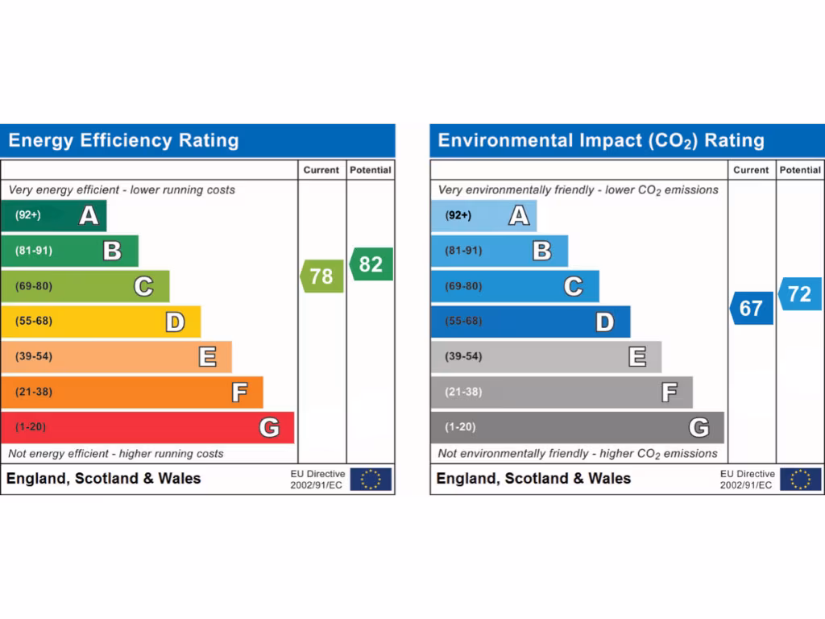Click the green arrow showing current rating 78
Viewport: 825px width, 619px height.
[322, 276]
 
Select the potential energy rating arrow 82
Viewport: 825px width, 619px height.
[371, 264]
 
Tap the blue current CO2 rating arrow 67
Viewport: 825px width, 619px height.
[752, 309]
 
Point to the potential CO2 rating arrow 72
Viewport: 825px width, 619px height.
[800, 294]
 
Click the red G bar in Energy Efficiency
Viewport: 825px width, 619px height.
[147, 427]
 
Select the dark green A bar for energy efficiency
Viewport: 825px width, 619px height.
[54, 215]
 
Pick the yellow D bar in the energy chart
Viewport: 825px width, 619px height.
[101, 322]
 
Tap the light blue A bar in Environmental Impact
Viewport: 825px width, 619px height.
[483, 215]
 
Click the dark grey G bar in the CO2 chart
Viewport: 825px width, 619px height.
[577, 427]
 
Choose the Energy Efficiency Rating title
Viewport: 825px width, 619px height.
[124, 141]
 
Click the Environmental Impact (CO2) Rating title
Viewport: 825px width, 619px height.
[600, 141]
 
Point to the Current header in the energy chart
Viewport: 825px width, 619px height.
[321, 170]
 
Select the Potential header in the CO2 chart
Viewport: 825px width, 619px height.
[800, 170]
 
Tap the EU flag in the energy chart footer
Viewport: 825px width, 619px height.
[371, 479]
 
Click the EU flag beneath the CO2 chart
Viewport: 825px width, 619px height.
[800, 479]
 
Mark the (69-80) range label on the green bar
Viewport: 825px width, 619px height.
[33, 286]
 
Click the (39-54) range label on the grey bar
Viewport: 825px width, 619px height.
[463, 356]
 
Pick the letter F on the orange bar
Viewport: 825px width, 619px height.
[239, 393]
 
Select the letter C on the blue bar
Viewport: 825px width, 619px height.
[573, 286]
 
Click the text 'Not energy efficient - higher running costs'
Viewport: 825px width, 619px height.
[116, 454]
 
